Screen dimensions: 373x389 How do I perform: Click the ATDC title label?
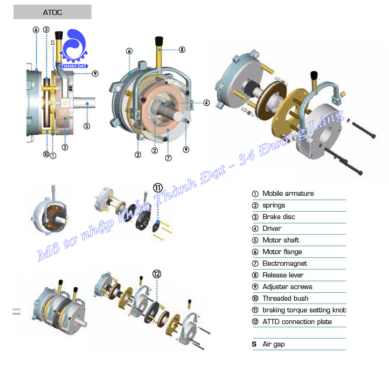(52, 12)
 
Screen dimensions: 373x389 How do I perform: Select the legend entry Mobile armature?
(288, 193)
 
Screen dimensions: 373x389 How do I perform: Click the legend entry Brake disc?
(278, 217)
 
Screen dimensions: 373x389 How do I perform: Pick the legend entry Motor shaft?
(280, 240)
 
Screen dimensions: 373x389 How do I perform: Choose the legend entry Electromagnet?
(285, 263)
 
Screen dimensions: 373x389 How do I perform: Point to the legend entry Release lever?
(283, 275)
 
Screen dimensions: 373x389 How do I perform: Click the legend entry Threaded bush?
(285, 298)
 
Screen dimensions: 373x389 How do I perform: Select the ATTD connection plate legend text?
(297, 322)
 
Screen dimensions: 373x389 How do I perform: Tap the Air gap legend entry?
(273, 344)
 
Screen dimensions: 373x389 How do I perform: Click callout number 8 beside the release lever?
(182, 49)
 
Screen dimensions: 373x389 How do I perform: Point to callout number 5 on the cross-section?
(86, 125)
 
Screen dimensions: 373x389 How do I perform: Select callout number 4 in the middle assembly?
(206, 103)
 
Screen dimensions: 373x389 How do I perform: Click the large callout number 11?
(158, 187)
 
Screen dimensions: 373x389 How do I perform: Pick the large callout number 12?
(157, 274)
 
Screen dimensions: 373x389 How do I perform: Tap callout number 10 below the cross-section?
(46, 154)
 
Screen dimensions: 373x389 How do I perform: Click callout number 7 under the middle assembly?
(168, 158)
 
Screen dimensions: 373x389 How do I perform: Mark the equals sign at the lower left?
(17, 312)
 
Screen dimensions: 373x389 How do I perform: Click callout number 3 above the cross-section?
(46, 29)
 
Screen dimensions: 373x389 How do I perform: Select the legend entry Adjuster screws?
(287, 287)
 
